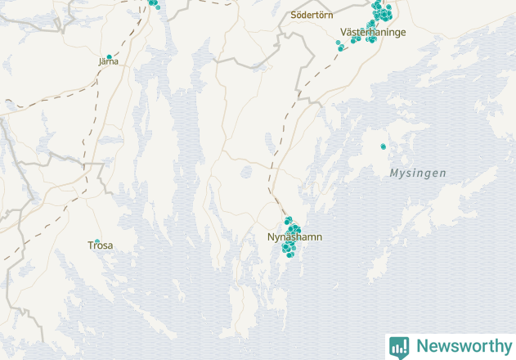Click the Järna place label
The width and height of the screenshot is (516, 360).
click(x=108, y=61)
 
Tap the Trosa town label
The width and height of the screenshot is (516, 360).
click(x=100, y=245)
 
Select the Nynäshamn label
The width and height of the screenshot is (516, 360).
click(x=294, y=237)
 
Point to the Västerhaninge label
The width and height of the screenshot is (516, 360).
click(x=372, y=33)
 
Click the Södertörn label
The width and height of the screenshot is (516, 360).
click(x=312, y=15)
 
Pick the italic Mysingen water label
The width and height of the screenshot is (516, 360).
click(x=418, y=173)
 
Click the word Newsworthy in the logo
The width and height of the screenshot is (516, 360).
click(x=462, y=346)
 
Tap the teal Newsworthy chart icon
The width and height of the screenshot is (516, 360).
click(x=399, y=347)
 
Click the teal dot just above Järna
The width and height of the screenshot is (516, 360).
click(x=109, y=56)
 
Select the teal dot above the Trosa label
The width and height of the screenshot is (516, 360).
click(x=97, y=241)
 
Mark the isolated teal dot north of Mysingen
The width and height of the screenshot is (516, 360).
click(x=383, y=146)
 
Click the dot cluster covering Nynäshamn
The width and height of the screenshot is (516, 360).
click(x=290, y=235)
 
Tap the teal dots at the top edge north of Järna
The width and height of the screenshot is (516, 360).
click(x=153, y=3)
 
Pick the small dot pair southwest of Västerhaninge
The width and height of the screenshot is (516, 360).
click(x=340, y=46)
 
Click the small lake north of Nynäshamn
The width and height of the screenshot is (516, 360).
click(x=247, y=172)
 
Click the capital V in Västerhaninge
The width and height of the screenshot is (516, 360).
click(x=343, y=33)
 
